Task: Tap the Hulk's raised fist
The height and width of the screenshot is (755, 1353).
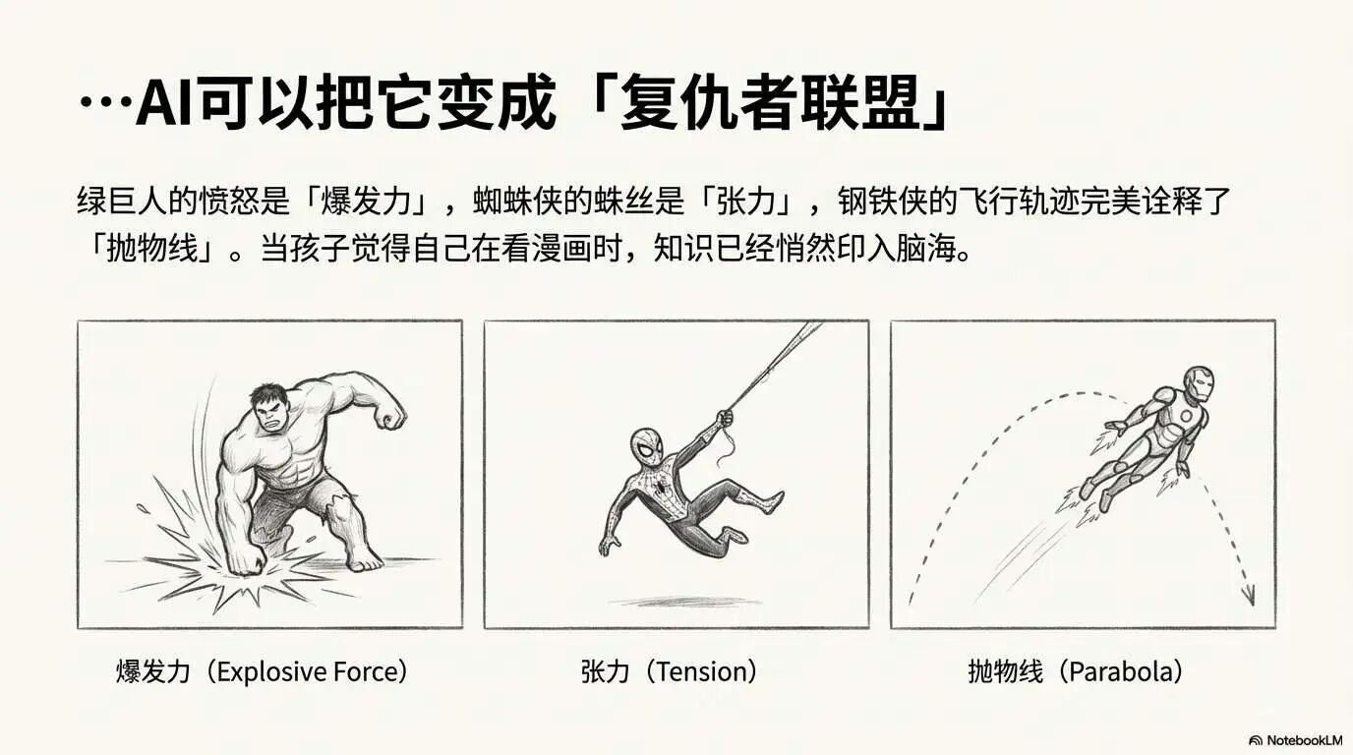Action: (x=389, y=414)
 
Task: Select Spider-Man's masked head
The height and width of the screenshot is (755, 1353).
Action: (x=647, y=448)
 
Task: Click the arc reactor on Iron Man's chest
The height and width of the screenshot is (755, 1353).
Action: (x=1187, y=416)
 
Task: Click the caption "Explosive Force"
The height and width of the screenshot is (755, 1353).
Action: (x=311, y=672)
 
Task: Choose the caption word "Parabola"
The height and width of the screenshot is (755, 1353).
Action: (x=1121, y=672)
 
